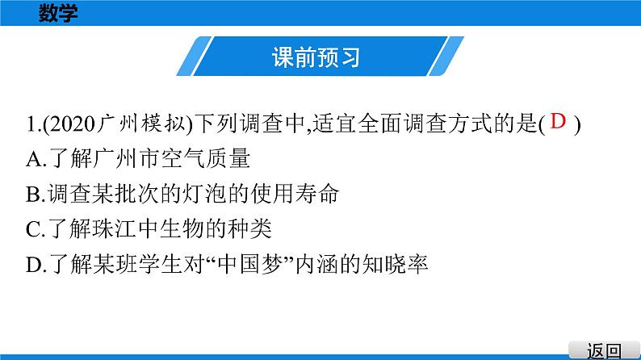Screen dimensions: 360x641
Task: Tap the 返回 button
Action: tap(604, 351)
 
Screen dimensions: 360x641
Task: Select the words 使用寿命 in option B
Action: tap(295, 195)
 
